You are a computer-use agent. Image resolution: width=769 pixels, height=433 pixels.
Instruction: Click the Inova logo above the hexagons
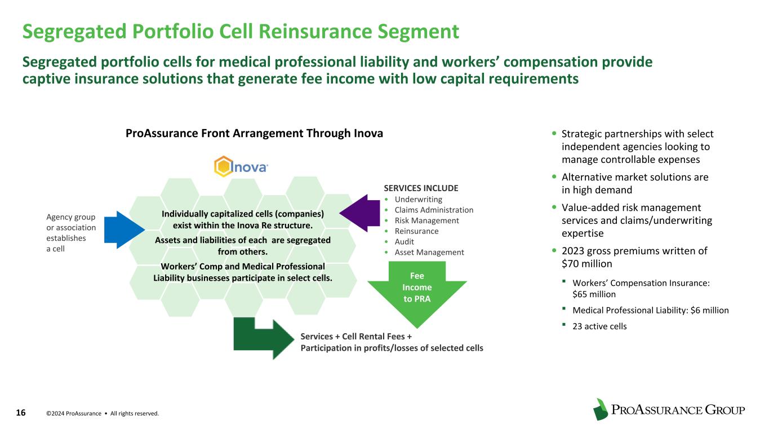point(241,167)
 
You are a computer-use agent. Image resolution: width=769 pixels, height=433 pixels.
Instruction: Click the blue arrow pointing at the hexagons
point(123,229)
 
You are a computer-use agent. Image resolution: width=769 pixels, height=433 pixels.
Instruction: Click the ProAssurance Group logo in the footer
point(669,410)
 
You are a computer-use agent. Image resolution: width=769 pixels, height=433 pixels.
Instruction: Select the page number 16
point(21,413)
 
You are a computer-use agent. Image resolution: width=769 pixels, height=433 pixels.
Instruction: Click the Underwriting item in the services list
point(419,199)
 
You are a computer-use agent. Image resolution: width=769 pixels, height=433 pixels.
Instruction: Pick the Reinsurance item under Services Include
point(416,231)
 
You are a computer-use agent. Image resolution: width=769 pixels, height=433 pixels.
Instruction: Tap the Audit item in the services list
point(404,241)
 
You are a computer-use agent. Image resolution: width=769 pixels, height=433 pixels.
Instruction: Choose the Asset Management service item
point(429,252)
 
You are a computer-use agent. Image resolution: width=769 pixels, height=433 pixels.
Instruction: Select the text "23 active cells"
point(599,326)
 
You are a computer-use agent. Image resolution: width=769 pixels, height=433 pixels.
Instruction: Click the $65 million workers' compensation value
point(594,294)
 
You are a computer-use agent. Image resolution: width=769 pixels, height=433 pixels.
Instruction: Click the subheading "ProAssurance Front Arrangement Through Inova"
point(254,134)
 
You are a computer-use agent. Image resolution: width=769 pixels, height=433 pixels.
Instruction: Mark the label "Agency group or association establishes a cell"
point(71,233)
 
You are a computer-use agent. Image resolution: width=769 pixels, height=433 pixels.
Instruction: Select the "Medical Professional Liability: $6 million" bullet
point(650,310)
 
